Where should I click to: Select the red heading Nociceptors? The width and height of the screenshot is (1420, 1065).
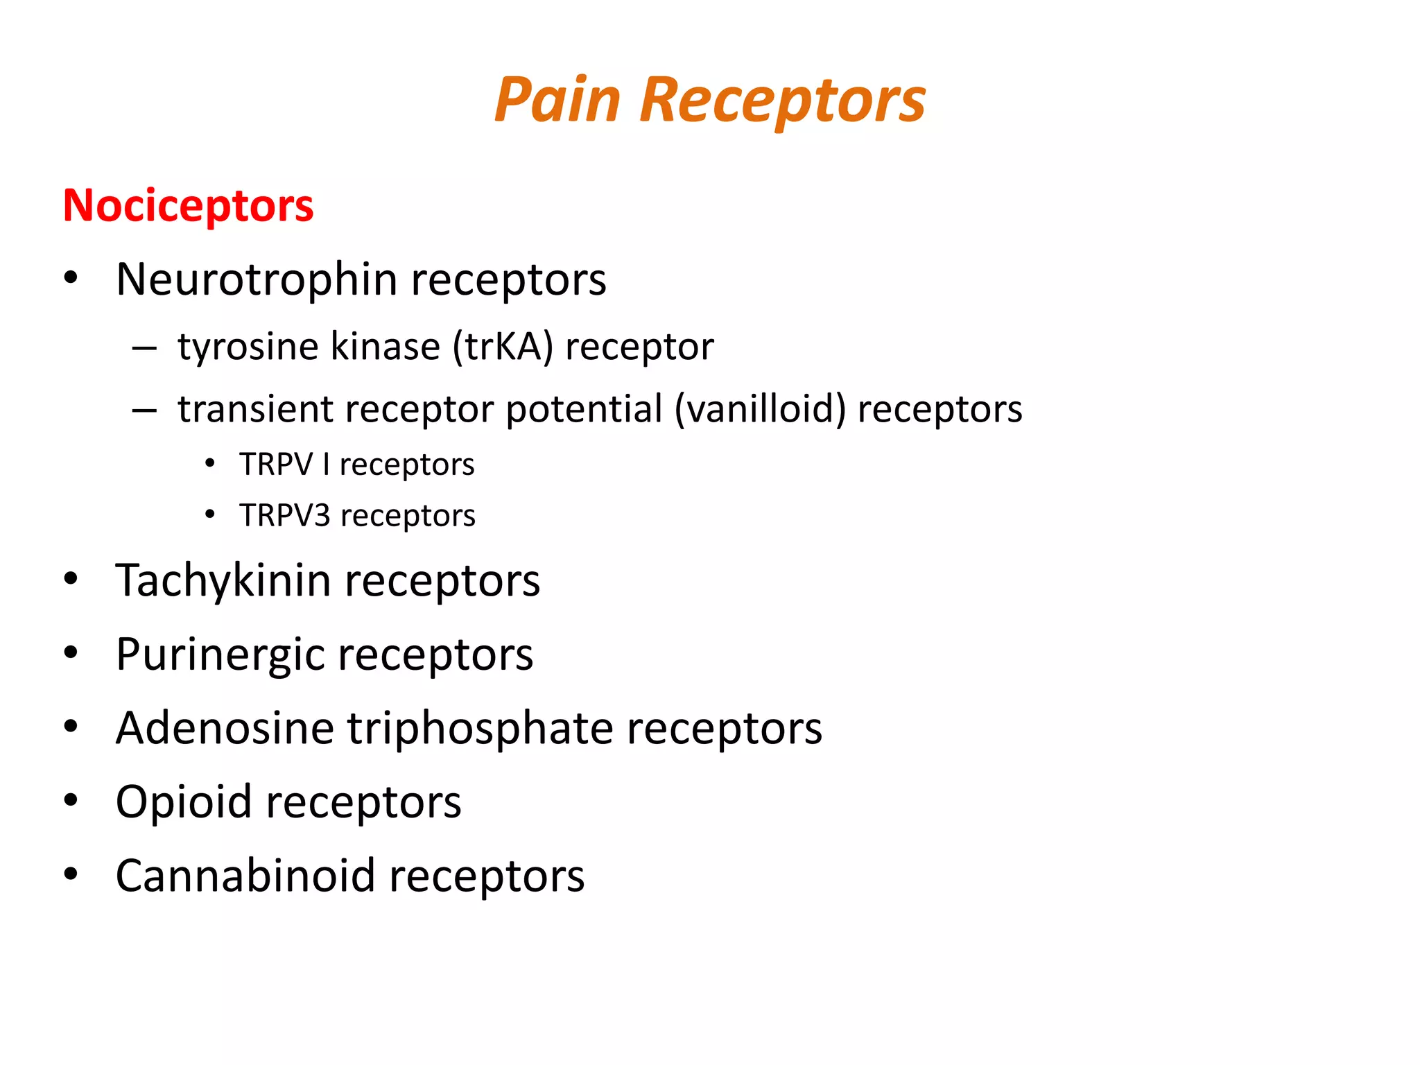tap(188, 206)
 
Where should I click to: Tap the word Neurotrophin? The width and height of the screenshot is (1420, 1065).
tap(257, 279)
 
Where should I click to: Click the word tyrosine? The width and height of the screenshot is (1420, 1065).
tap(249, 347)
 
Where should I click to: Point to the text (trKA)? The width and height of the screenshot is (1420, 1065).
tap(503, 347)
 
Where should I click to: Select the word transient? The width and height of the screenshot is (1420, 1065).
tap(254, 409)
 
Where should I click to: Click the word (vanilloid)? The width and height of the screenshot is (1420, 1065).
tap(760, 409)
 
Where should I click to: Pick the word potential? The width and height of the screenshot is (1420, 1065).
tap(584, 409)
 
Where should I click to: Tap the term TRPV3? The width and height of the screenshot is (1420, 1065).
tap(285, 516)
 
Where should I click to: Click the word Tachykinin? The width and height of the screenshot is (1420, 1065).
tap(223, 580)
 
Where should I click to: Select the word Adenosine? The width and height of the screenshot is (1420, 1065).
tap(225, 729)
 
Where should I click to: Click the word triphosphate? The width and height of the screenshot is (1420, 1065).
tap(480, 729)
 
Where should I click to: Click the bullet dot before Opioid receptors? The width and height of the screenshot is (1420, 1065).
tap(71, 801)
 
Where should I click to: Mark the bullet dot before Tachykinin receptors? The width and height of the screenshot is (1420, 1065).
tap(71, 579)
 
